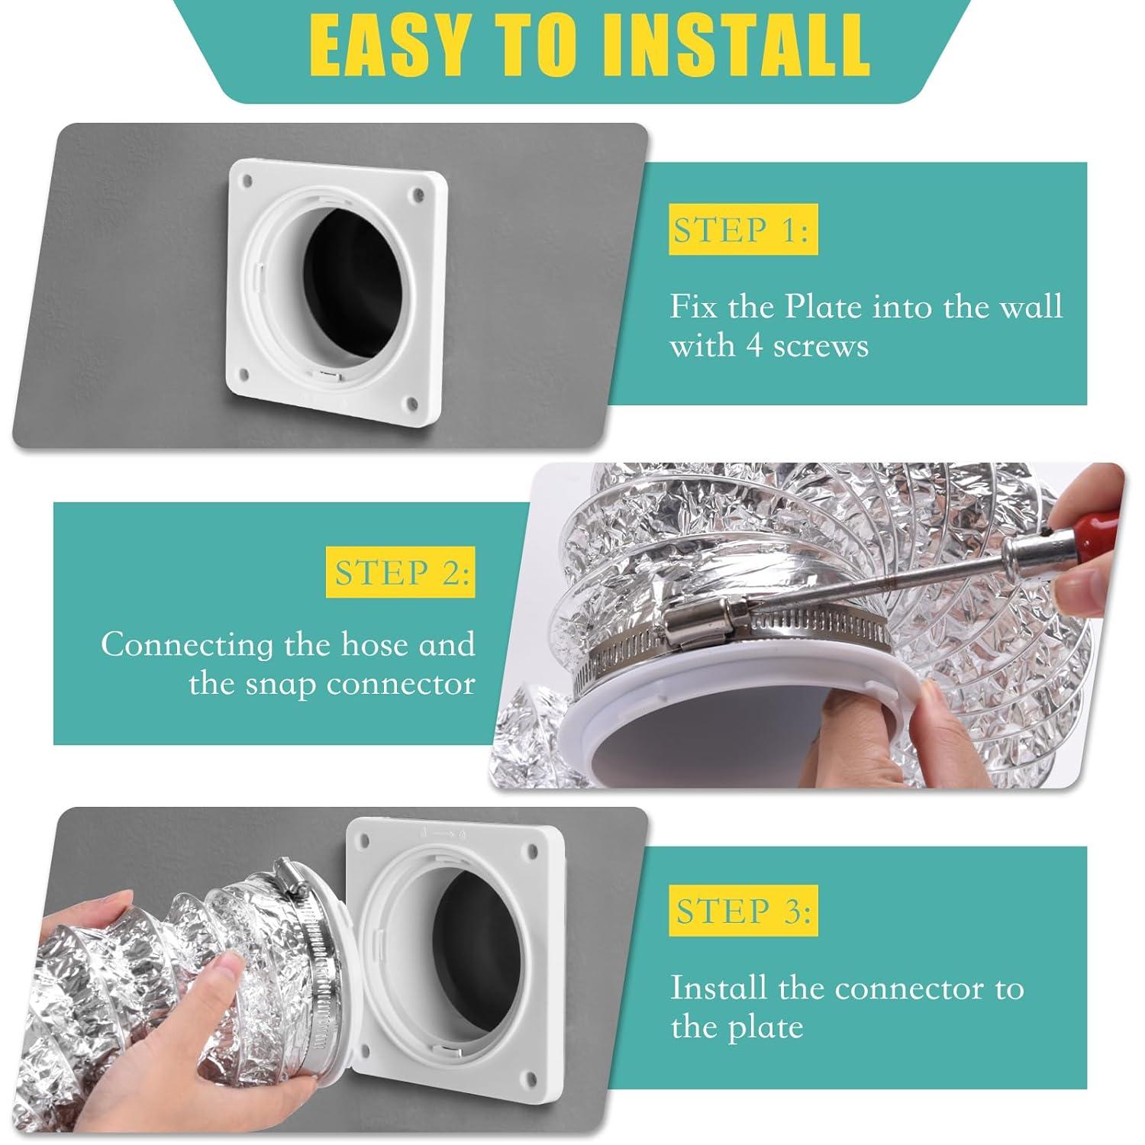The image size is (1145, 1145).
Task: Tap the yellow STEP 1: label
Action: [x=740, y=230]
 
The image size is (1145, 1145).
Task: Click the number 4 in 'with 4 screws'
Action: [x=755, y=346]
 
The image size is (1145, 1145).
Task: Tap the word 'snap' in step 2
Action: [x=281, y=683]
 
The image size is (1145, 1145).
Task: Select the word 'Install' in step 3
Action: [x=718, y=989]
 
